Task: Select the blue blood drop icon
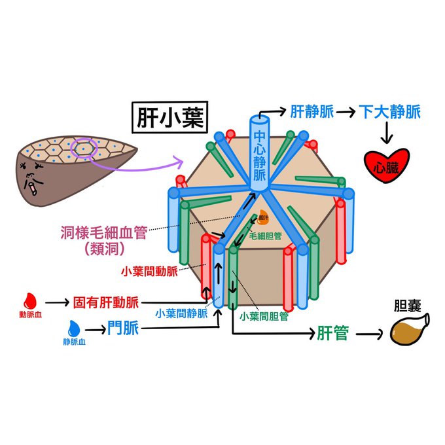coord(75,327)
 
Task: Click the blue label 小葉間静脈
coord(181,313)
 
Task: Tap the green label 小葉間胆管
coord(264,316)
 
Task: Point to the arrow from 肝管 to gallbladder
coord(369,334)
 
